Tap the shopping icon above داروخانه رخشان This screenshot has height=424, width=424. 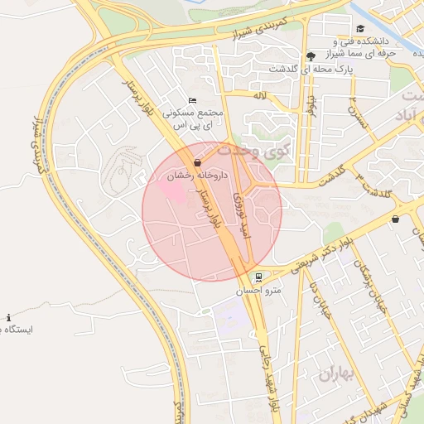point(197,163)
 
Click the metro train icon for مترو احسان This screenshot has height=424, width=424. point(259,277)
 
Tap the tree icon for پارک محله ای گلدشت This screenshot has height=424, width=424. point(310,56)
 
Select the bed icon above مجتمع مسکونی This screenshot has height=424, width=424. point(193,100)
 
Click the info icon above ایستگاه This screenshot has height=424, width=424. point(9,317)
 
